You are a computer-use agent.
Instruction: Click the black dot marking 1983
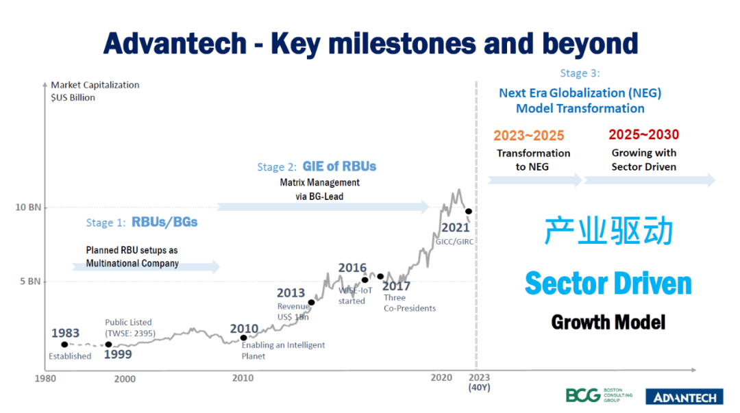tap(64, 345)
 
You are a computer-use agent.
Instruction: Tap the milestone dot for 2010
tap(243, 338)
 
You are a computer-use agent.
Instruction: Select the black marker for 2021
tap(469, 211)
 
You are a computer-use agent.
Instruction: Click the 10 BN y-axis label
tap(28, 207)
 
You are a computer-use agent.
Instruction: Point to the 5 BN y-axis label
tap(30, 281)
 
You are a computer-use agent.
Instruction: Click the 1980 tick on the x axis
tap(45, 379)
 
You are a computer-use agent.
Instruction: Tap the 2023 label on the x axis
tap(479, 377)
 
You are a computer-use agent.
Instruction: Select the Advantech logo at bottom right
tap(685, 397)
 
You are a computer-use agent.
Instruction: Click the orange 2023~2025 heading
tap(528, 135)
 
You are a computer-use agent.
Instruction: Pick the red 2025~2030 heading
tap(643, 135)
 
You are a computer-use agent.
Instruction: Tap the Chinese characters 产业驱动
tap(608, 232)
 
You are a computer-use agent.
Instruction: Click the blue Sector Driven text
tap(608, 283)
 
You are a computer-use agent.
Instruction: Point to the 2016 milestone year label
tap(352, 268)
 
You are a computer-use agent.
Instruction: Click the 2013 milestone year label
tap(291, 293)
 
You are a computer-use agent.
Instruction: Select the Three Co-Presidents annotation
tap(410, 303)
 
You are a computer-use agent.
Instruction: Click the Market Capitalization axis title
tap(95, 85)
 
